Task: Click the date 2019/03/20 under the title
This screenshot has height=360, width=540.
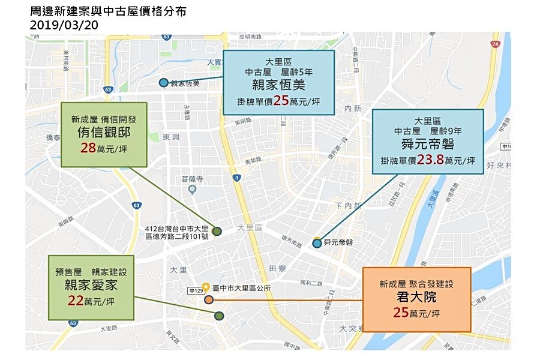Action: click(64, 25)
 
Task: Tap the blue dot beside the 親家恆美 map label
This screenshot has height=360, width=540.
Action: click(163, 83)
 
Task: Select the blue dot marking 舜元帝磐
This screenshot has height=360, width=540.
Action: click(317, 243)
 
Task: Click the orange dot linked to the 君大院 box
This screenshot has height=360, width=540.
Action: click(208, 299)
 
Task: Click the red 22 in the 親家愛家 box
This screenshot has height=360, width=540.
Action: click(75, 301)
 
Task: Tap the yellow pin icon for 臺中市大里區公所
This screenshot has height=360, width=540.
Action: click(206, 287)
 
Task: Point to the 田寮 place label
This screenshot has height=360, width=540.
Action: click(277, 268)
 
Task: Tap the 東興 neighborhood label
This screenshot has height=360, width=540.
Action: click(172, 137)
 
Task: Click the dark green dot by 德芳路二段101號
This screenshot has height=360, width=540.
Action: click(217, 231)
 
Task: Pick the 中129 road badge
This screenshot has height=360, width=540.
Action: click(194, 291)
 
